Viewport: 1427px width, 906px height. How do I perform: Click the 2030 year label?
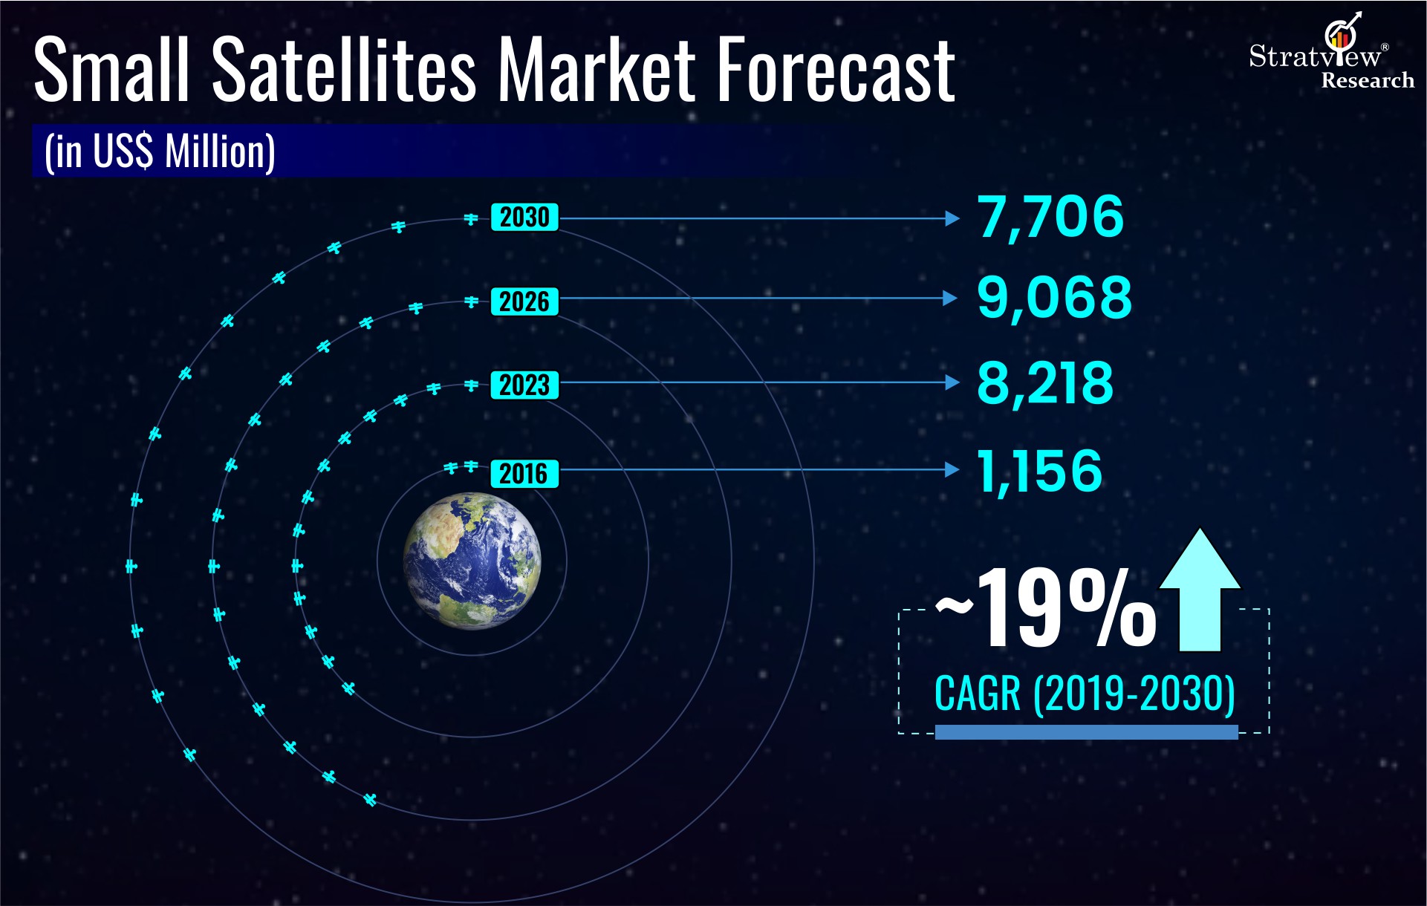click(524, 218)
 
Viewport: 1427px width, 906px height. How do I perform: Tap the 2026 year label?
click(524, 302)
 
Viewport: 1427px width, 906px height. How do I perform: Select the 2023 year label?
click(524, 385)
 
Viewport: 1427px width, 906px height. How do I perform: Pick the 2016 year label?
click(524, 473)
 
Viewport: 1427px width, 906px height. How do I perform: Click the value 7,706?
click(1050, 217)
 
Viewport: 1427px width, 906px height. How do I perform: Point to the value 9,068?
click(1054, 299)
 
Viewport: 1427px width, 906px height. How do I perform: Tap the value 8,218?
click(1045, 384)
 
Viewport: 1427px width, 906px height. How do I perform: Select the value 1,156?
click(1039, 471)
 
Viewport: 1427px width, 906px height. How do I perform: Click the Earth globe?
click(472, 561)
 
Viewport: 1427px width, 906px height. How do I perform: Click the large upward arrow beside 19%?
click(1200, 590)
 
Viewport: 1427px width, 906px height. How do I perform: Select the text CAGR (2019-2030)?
click(1085, 694)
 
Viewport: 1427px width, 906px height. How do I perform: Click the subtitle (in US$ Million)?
click(160, 151)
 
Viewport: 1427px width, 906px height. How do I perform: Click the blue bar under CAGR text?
click(1086, 732)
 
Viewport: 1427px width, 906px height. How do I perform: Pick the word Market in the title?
click(596, 71)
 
